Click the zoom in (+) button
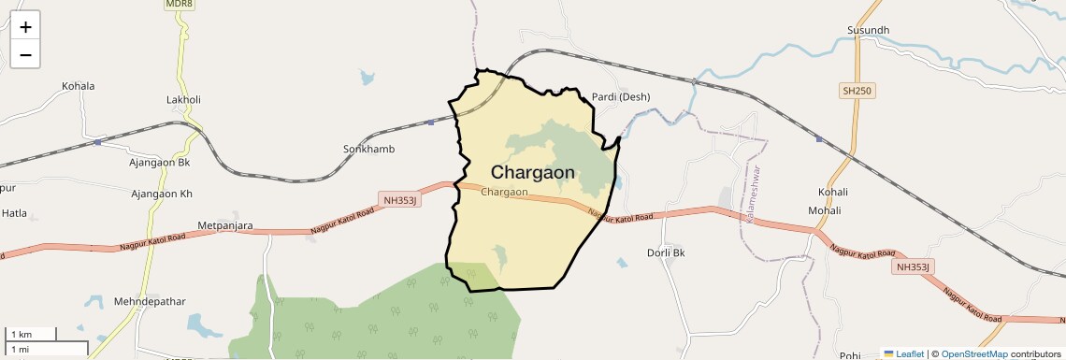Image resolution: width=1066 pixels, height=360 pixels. click(x=25, y=26)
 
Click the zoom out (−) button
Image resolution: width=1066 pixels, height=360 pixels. click(x=25, y=54)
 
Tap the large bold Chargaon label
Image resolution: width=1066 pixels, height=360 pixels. click(x=533, y=172)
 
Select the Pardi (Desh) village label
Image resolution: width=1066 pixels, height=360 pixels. click(x=621, y=96)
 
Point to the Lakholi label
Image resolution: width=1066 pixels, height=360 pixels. click(x=183, y=99)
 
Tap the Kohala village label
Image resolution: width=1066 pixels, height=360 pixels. click(x=79, y=86)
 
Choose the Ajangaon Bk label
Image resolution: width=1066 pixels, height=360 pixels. click(x=159, y=163)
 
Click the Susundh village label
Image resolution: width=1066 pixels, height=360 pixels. click(x=868, y=31)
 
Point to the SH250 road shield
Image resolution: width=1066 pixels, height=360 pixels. click(x=855, y=91)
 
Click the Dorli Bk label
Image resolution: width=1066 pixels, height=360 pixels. click(x=666, y=252)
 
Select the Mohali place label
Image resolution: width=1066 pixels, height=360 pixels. click(x=825, y=210)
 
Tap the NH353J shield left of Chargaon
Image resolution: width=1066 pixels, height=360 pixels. click(x=402, y=199)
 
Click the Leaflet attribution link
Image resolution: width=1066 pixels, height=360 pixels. click(x=910, y=354)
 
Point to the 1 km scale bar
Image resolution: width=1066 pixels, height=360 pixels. click(x=31, y=335)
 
